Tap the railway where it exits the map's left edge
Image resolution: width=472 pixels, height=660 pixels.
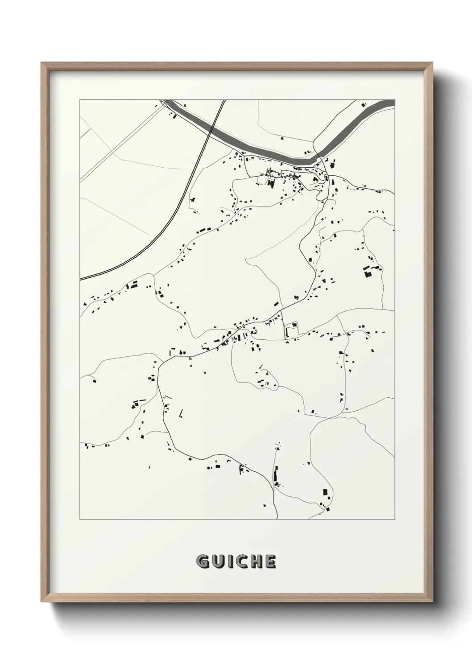point(81,279)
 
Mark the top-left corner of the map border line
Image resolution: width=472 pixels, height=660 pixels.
point(80,100)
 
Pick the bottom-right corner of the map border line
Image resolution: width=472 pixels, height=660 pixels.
point(395,520)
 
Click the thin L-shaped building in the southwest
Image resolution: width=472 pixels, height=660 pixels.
point(181,413)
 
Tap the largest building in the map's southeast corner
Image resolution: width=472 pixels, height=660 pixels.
point(325,493)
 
